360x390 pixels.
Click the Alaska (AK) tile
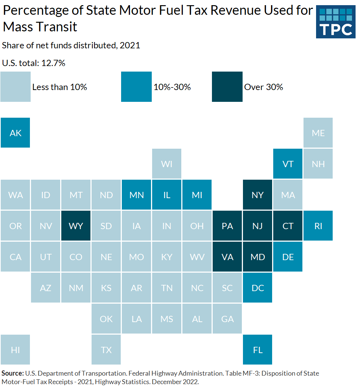click(x=16, y=133)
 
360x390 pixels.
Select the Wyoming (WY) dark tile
click(x=76, y=225)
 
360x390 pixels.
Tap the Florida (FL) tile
click(x=258, y=349)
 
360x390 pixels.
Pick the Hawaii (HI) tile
click(x=16, y=349)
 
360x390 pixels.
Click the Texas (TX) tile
click(x=106, y=349)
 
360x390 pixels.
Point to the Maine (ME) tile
click(x=318, y=133)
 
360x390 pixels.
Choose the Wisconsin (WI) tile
click(x=167, y=164)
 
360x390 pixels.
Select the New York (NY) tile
click(x=258, y=195)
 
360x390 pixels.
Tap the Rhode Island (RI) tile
click(x=318, y=225)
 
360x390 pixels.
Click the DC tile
click(x=258, y=287)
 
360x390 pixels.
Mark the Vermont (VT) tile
click(x=288, y=164)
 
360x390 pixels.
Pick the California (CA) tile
click(x=16, y=256)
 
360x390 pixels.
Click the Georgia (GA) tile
click(x=227, y=318)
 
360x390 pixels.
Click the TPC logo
click(x=335, y=22)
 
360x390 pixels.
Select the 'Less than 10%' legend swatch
click(x=16, y=87)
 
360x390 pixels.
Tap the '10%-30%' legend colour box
click(x=136, y=87)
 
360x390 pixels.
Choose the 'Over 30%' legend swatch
click(x=227, y=87)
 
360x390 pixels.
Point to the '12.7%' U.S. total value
click(x=53, y=63)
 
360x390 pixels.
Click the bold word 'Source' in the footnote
click(x=12, y=373)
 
